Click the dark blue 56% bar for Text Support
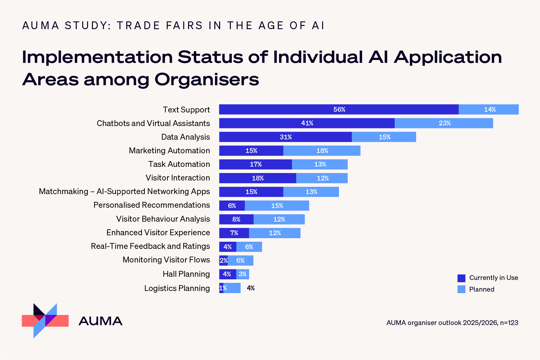(x=339, y=110)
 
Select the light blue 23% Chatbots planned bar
(x=444, y=123)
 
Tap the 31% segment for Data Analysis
(x=285, y=137)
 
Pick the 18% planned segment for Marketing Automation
(x=322, y=151)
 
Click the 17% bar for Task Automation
(x=255, y=164)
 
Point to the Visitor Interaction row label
(x=177, y=178)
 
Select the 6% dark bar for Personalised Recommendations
(x=232, y=206)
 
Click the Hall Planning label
(x=186, y=274)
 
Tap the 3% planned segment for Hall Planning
(x=242, y=274)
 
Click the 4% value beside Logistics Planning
(x=251, y=288)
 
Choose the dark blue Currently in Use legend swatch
(x=461, y=278)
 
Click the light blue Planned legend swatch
(x=461, y=289)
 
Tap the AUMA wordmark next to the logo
(x=100, y=321)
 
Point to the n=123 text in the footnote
(x=509, y=323)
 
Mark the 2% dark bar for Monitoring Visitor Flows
(x=223, y=261)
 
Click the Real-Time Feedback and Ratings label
(x=150, y=246)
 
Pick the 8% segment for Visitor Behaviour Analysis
(x=236, y=219)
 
